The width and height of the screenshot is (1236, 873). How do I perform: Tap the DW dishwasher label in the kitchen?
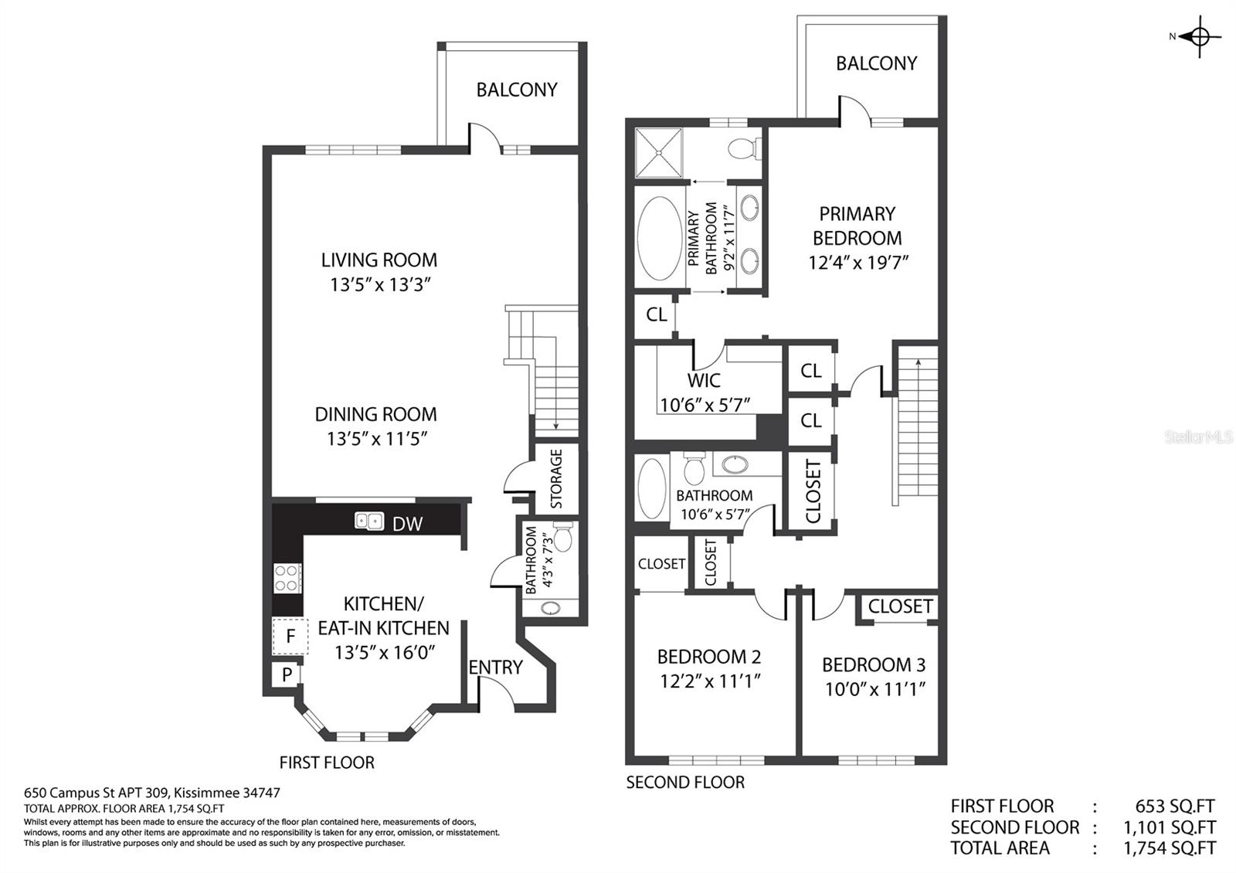[407, 524]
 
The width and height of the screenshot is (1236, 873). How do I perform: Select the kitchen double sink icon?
[369, 521]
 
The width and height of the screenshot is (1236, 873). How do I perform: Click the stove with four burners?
[287, 578]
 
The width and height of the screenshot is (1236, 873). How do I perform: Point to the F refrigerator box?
[290, 637]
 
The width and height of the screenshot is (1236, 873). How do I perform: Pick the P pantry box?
[287, 674]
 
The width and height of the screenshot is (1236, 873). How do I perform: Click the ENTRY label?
[495, 667]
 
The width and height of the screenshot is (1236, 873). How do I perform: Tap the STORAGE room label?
[556, 478]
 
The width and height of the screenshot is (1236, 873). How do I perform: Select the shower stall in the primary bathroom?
[658, 153]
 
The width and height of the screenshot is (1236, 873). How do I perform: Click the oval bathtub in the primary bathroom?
[660, 238]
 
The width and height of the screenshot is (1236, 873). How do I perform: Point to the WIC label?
[704, 380]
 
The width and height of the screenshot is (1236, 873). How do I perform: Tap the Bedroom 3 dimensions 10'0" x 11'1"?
[874, 688]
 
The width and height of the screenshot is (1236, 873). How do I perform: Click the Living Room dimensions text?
[379, 284]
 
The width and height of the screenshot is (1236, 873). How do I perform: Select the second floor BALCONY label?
[876, 63]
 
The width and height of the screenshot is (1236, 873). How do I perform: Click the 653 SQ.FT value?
[1174, 807]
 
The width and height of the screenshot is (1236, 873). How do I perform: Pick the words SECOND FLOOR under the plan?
[685, 782]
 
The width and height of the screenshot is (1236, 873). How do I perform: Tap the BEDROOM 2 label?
[709, 657]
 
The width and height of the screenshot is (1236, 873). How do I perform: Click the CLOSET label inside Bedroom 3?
[900, 606]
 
